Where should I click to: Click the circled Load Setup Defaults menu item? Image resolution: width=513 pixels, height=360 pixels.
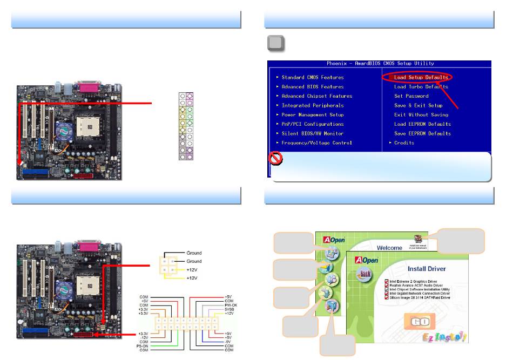(x=421, y=78)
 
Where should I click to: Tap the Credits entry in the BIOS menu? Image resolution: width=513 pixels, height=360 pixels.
(x=404, y=143)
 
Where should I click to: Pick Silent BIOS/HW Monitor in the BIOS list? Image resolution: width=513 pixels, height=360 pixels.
(x=312, y=134)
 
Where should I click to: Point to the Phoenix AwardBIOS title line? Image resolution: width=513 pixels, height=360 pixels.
(x=380, y=64)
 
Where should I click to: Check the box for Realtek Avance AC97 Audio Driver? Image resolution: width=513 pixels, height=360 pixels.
(x=387, y=286)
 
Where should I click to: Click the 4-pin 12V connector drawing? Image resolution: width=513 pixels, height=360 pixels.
(x=168, y=264)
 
